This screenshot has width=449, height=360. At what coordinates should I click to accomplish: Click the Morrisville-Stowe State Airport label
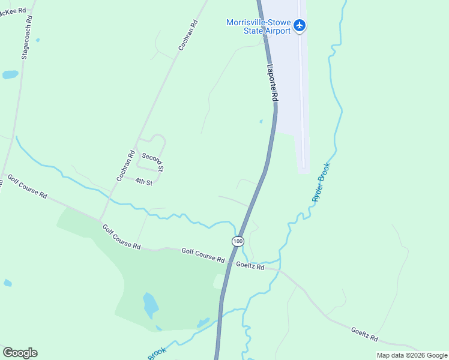point(258,26)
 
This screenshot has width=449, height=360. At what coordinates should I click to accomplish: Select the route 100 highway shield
point(238,241)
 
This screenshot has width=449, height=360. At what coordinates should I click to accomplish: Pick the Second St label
point(152,159)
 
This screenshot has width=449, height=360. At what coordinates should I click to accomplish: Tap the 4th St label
point(144,181)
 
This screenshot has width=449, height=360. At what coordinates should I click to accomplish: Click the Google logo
point(20,353)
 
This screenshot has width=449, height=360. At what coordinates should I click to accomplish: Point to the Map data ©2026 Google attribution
point(412,355)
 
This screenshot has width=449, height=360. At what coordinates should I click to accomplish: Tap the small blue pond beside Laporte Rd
point(261,121)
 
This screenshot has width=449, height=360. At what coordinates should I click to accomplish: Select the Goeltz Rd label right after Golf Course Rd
point(250,266)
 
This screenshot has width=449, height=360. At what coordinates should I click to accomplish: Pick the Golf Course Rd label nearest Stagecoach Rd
point(27,187)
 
